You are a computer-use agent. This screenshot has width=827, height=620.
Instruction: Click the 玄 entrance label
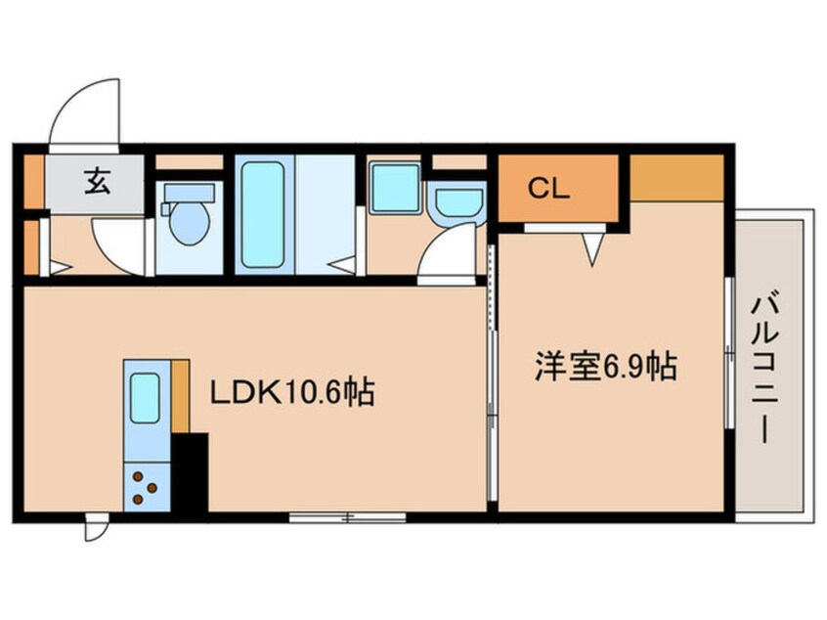(96, 181)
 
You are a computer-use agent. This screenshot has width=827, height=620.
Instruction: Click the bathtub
(261, 214)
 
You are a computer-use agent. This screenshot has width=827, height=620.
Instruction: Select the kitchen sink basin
(145, 396)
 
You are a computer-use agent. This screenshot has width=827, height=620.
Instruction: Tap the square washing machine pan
(394, 187)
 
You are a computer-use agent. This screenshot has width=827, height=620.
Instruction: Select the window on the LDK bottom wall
(347, 515)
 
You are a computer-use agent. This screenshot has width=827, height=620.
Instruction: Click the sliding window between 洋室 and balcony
(728, 352)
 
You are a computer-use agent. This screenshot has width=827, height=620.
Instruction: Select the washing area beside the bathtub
(325, 214)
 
